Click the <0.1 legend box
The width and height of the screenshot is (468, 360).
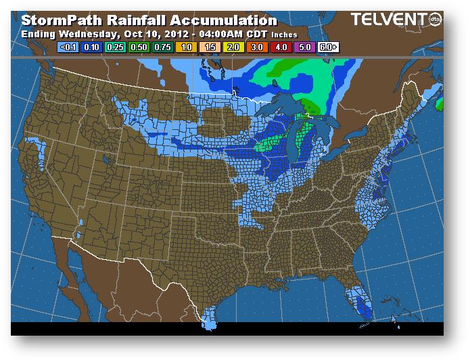pyautogui.click(x=68, y=47)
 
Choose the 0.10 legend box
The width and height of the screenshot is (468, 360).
pyautogui.click(x=92, y=47)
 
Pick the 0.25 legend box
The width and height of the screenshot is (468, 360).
pyautogui.click(x=116, y=47)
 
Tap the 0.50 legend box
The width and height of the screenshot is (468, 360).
pyautogui.click(x=139, y=47)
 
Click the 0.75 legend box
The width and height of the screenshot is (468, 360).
pyautogui.click(x=163, y=47)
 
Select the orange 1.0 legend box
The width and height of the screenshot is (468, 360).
pyautogui.click(x=186, y=47)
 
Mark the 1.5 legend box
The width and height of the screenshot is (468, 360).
pyautogui.click(x=210, y=47)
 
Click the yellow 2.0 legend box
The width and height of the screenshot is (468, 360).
pyautogui.click(x=233, y=47)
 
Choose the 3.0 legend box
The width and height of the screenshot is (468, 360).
pyautogui.click(x=257, y=47)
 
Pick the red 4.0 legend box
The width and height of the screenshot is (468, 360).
pyautogui.click(x=281, y=47)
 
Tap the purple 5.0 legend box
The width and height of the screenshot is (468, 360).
pyautogui.click(x=304, y=47)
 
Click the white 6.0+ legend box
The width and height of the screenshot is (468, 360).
pyautogui.click(x=328, y=47)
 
